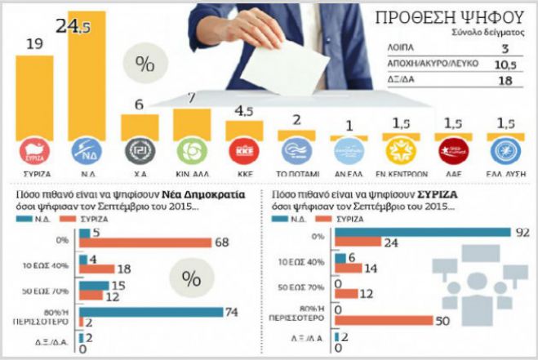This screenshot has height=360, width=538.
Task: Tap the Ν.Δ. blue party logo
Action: click(x=87, y=152)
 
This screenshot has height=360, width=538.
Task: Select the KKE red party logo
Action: click(x=242, y=152)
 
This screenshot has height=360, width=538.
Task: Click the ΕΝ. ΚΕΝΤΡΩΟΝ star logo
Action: click(x=398, y=152)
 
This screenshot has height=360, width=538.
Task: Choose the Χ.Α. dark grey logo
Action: click(x=139, y=152)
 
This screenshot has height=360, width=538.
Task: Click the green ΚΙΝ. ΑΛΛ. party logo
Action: click(x=189, y=152)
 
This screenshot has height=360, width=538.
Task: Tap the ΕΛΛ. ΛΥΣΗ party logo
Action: click(x=502, y=152)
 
